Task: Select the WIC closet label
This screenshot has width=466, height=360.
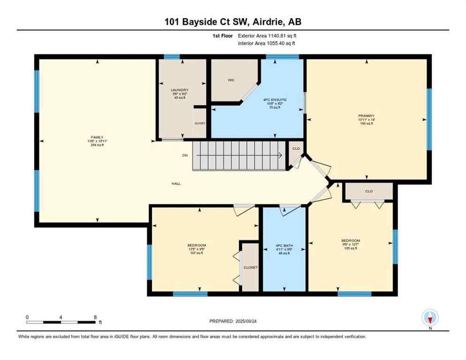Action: click(231, 80)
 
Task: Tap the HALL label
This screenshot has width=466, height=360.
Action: click(176, 183)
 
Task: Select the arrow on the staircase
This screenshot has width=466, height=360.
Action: click(278, 156)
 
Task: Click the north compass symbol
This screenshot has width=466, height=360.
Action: click(430, 318)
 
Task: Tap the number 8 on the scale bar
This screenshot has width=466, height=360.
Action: click(95, 317)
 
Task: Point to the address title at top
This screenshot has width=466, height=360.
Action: click(233, 22)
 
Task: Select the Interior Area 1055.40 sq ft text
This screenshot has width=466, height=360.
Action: click(267, 43)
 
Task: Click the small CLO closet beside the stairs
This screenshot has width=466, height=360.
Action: click(296, 148)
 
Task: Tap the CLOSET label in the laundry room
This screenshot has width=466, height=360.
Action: click(200, 123)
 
